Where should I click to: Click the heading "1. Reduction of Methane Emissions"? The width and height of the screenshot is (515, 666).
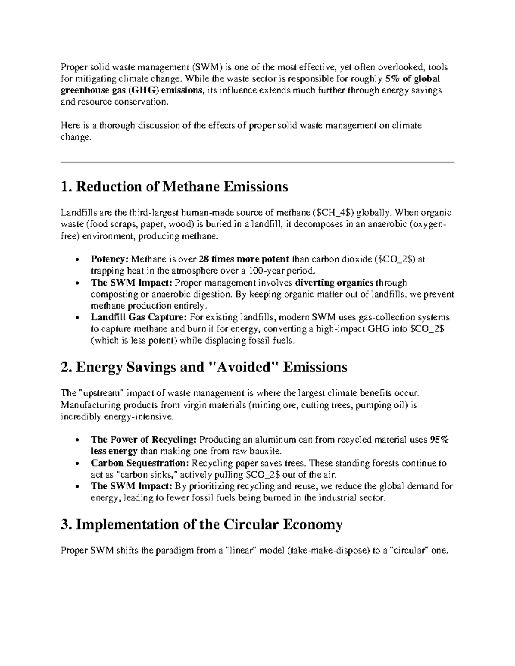click(174, 187)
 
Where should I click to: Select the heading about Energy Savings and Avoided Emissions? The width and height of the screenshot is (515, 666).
click(204, 367)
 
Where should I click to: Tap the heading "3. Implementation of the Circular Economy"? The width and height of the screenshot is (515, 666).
click(202, 524)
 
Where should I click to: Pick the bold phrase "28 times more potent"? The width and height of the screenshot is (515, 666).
click(244, 259)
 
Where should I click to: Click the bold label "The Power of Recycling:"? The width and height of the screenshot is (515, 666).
click(144, 440)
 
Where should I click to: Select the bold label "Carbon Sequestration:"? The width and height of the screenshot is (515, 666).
click(140, 463)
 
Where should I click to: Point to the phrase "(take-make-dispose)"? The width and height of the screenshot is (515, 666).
click(328, 551)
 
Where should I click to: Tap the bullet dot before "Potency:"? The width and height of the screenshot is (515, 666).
click(77, 260)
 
